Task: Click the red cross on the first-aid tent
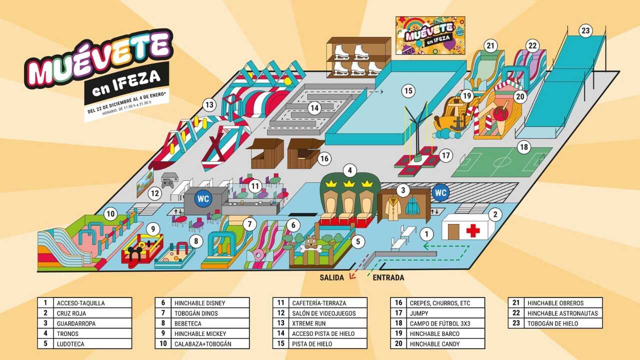pos(472,230)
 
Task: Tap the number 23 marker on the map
pos(585,30)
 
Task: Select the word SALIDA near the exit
pos(332,277)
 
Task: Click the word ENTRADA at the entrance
pos(388,277)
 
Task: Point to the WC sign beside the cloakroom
pos(440,192)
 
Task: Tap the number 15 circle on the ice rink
pos(409,91)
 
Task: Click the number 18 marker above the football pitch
pos(523,147)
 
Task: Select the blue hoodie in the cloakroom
pos(412,206)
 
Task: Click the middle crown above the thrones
pos(349,184)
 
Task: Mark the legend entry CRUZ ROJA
pos(76,313)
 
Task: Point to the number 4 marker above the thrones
pos(350,171)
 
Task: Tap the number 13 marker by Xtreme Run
pos(209,105)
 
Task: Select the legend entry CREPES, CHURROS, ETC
pos(439,303)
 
